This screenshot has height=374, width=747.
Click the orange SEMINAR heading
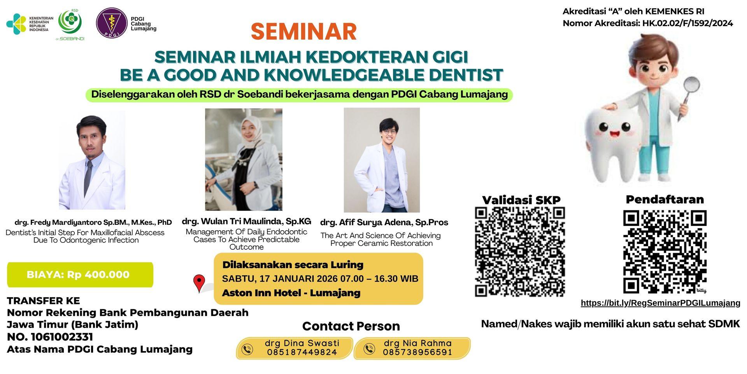pyautogui.click(x=303, y=32)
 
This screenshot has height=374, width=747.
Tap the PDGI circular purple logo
pyautogui.click(x=112, y=23)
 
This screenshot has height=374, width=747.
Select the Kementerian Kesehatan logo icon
pyautogui.click(x=16, y=24)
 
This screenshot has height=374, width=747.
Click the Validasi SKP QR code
pyautogui.click(x=520, y=251)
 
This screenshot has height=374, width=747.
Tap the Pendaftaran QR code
pyautogui.click(x=665, y=252)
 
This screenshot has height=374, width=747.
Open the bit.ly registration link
pyautogui.click(x=660, y=303)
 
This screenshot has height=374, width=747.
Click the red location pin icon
pyautogui.click(x=199, y=283)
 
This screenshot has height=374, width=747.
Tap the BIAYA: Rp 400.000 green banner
pyautogui.click(x=80, y=275)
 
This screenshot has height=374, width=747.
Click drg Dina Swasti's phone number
pyautogui.click(x=302, y=353)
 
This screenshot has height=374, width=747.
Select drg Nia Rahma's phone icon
pyautogui.click(x=369, y=348)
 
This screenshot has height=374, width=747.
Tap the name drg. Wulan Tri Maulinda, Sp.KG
pyautogui.click(x=246, y=222)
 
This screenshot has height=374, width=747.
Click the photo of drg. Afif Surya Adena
pyautogui.click(x=382, y=160)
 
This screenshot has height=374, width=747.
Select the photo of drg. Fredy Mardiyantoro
pyautogui.click(x=92, y=160)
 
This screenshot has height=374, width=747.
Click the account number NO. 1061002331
pyautogui.click(x=50, y=337)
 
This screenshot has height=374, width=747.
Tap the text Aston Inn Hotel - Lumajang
pyautogui.click(x=291, y=293)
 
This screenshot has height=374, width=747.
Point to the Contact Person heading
pyautogui.click(x=351, y=326)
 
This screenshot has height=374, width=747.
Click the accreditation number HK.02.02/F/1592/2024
pyautogui.click(x=687, y=23)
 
